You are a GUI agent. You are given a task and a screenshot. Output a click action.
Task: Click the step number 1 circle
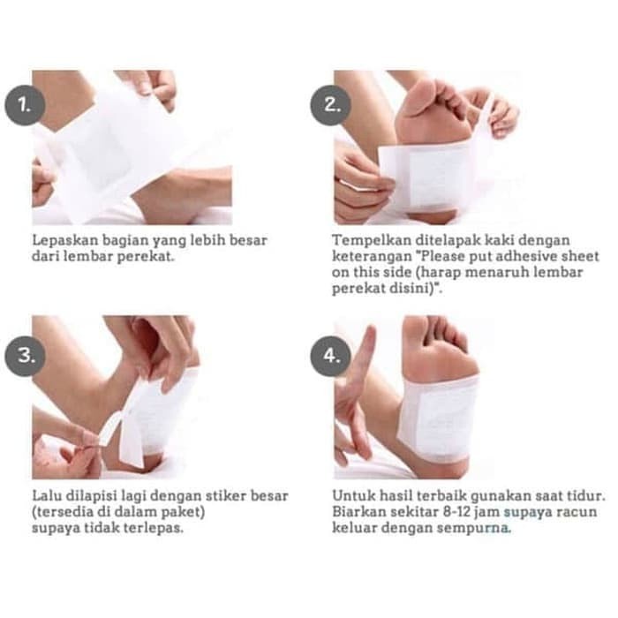pyautogui.click(x=25, y=105)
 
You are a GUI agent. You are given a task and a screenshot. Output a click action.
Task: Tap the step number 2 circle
pyautogui.click(x=330, y=105)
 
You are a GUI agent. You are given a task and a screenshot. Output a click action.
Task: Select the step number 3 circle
pyautogui.click(x=25, y=356)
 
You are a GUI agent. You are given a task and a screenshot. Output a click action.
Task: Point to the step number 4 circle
pyautogui.click(x=330, y=356)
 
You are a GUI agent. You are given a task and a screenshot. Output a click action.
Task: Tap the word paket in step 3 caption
pyautogui.click(x=182, y=512)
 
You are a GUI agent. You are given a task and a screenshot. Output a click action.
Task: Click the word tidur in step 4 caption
pyautogui.click(x=585, y=496)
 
